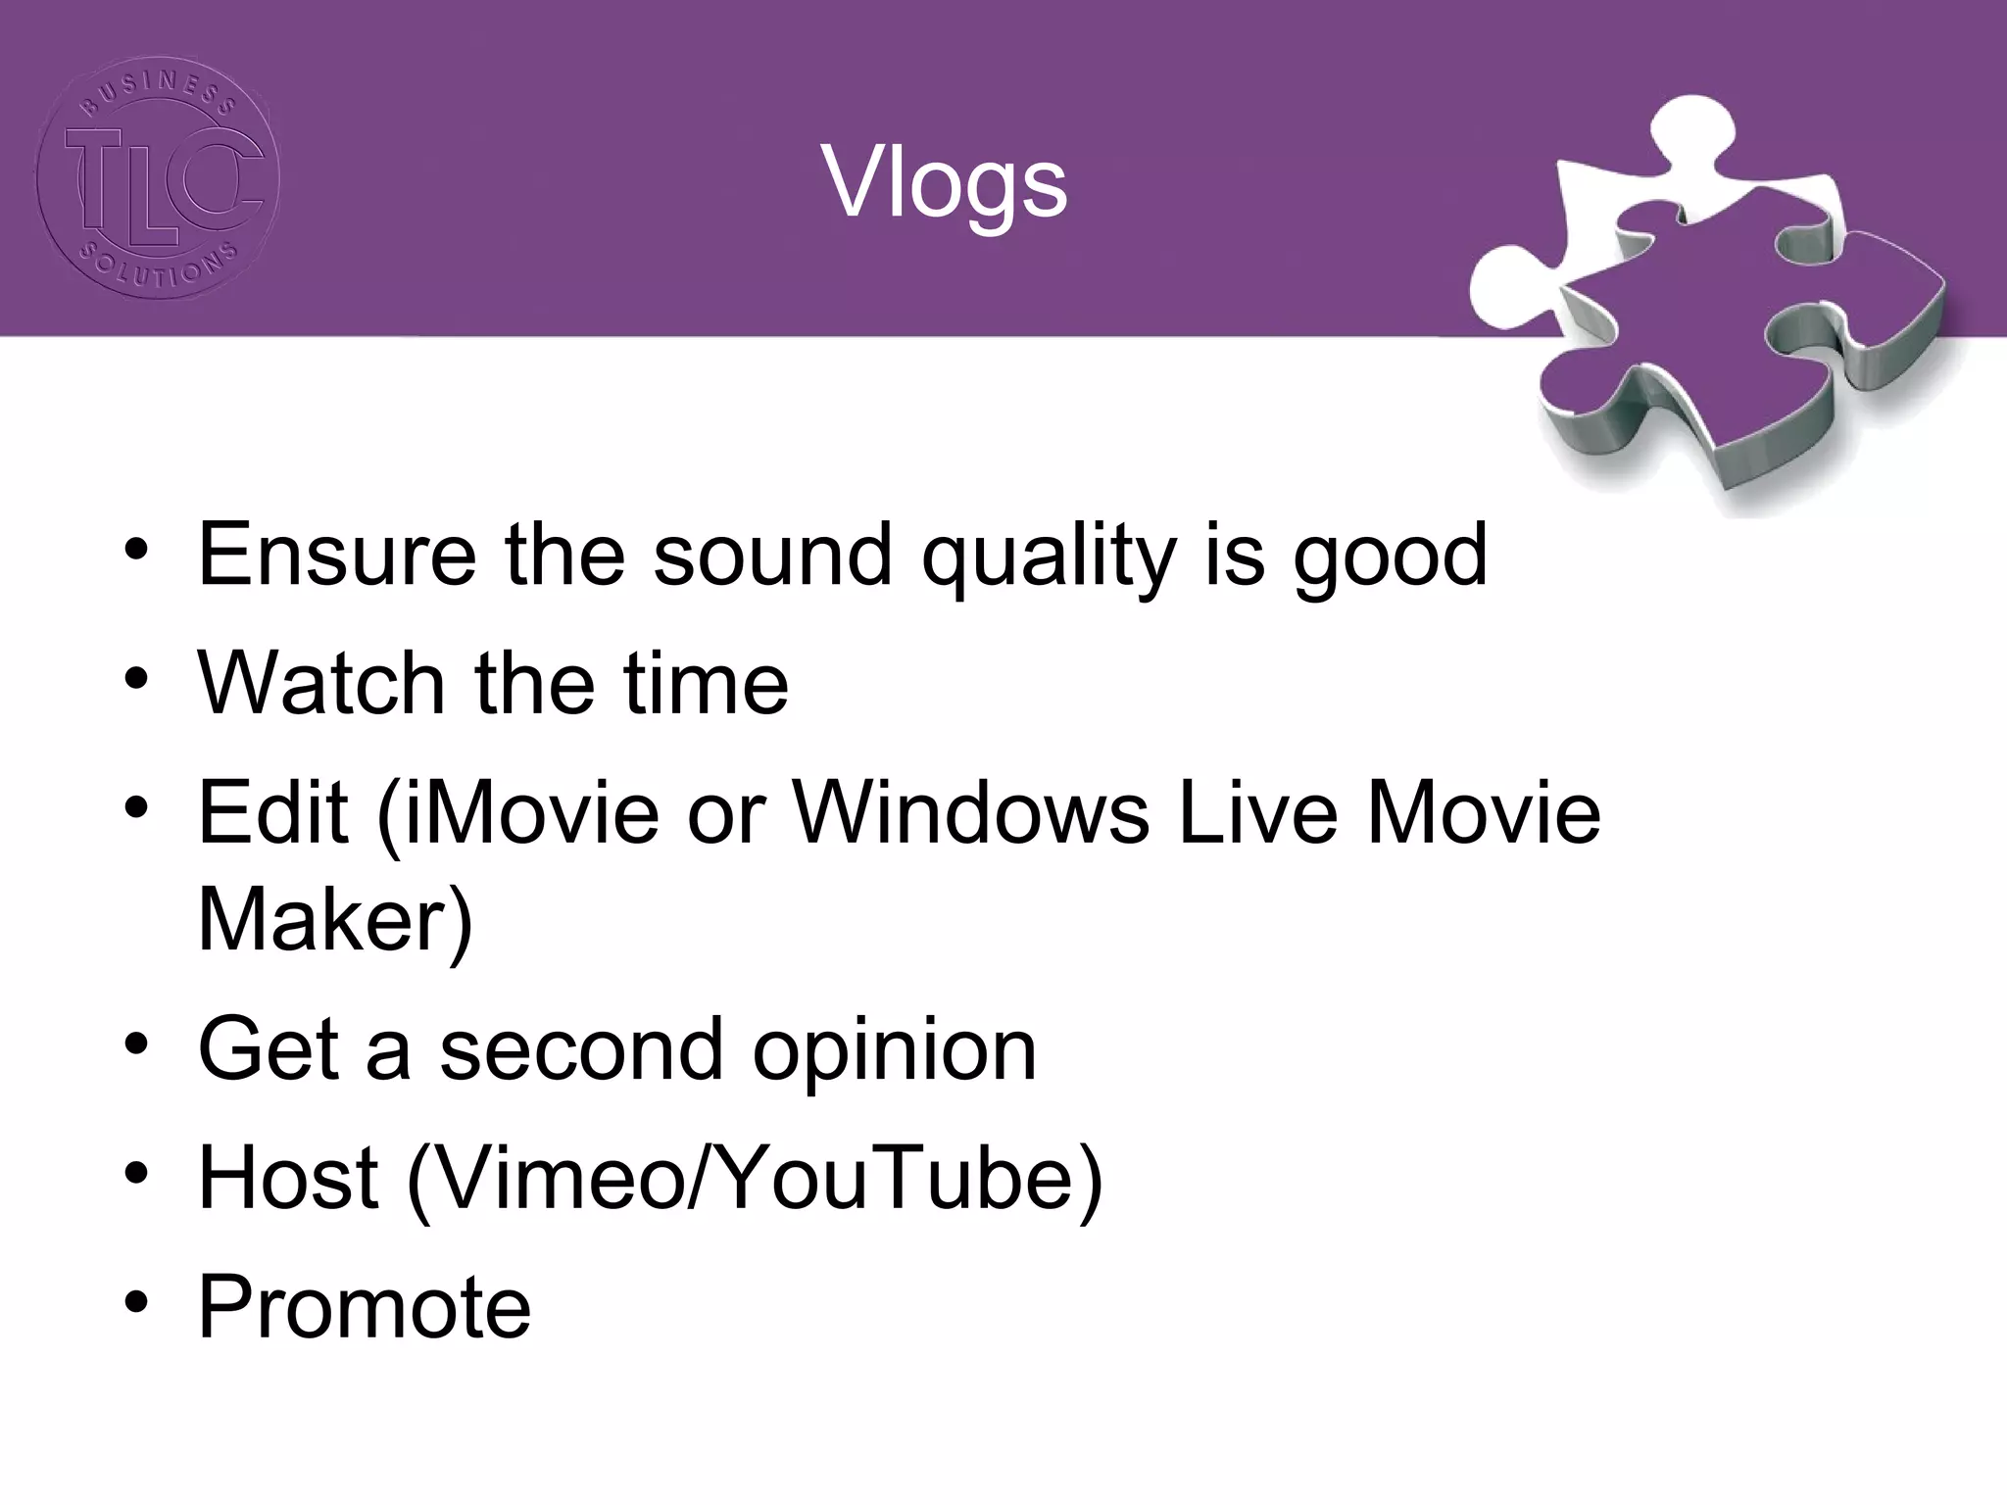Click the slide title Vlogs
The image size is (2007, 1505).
945,183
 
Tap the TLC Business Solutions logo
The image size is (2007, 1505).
158,177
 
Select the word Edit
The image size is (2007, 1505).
273,812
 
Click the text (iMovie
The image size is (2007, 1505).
518,814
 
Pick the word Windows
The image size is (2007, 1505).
970,812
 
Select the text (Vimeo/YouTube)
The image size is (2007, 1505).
755,1180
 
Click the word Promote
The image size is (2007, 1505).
365,1306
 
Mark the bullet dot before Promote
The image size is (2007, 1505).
136,1302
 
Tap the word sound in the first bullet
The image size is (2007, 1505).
772,556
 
